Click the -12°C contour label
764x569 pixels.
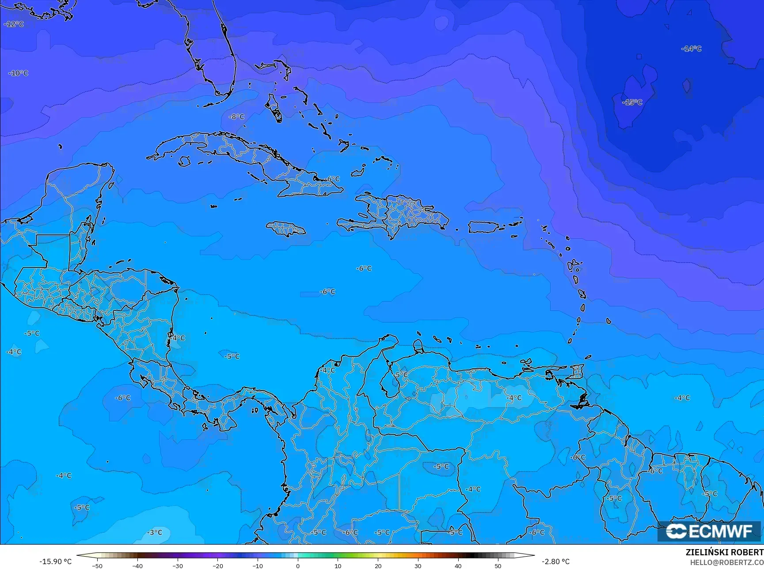pyautogui.click(x=14, y=24)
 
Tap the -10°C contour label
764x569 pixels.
pyautogui.click(x=19, y=73)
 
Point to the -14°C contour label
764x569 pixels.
pyautogui.click(x=692, y=49)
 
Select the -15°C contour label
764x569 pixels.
pyautogui.click(x=632, y=102)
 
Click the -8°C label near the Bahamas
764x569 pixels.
pyautogui.click(x=237, y=117)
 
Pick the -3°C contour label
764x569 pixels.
pyautogui.click(x=155, y=532)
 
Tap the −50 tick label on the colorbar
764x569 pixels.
pyautogui.click(x=97, y=566)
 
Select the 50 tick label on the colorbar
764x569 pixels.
pyautogui.click(x=498, y=566)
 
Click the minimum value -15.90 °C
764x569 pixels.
pyautogui.click(x=55, y=561)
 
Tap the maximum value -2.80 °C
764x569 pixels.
pyautogui.click(x=556, y=561)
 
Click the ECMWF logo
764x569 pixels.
pyautogui.click(x=709, y=531)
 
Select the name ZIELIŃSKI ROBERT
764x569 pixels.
pyautogui.click(x=724, y=552)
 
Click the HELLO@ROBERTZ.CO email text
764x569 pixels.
pyautogui.click(x=727, y=562)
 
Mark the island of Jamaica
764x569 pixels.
pyautogui.click(x=286, y=229)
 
